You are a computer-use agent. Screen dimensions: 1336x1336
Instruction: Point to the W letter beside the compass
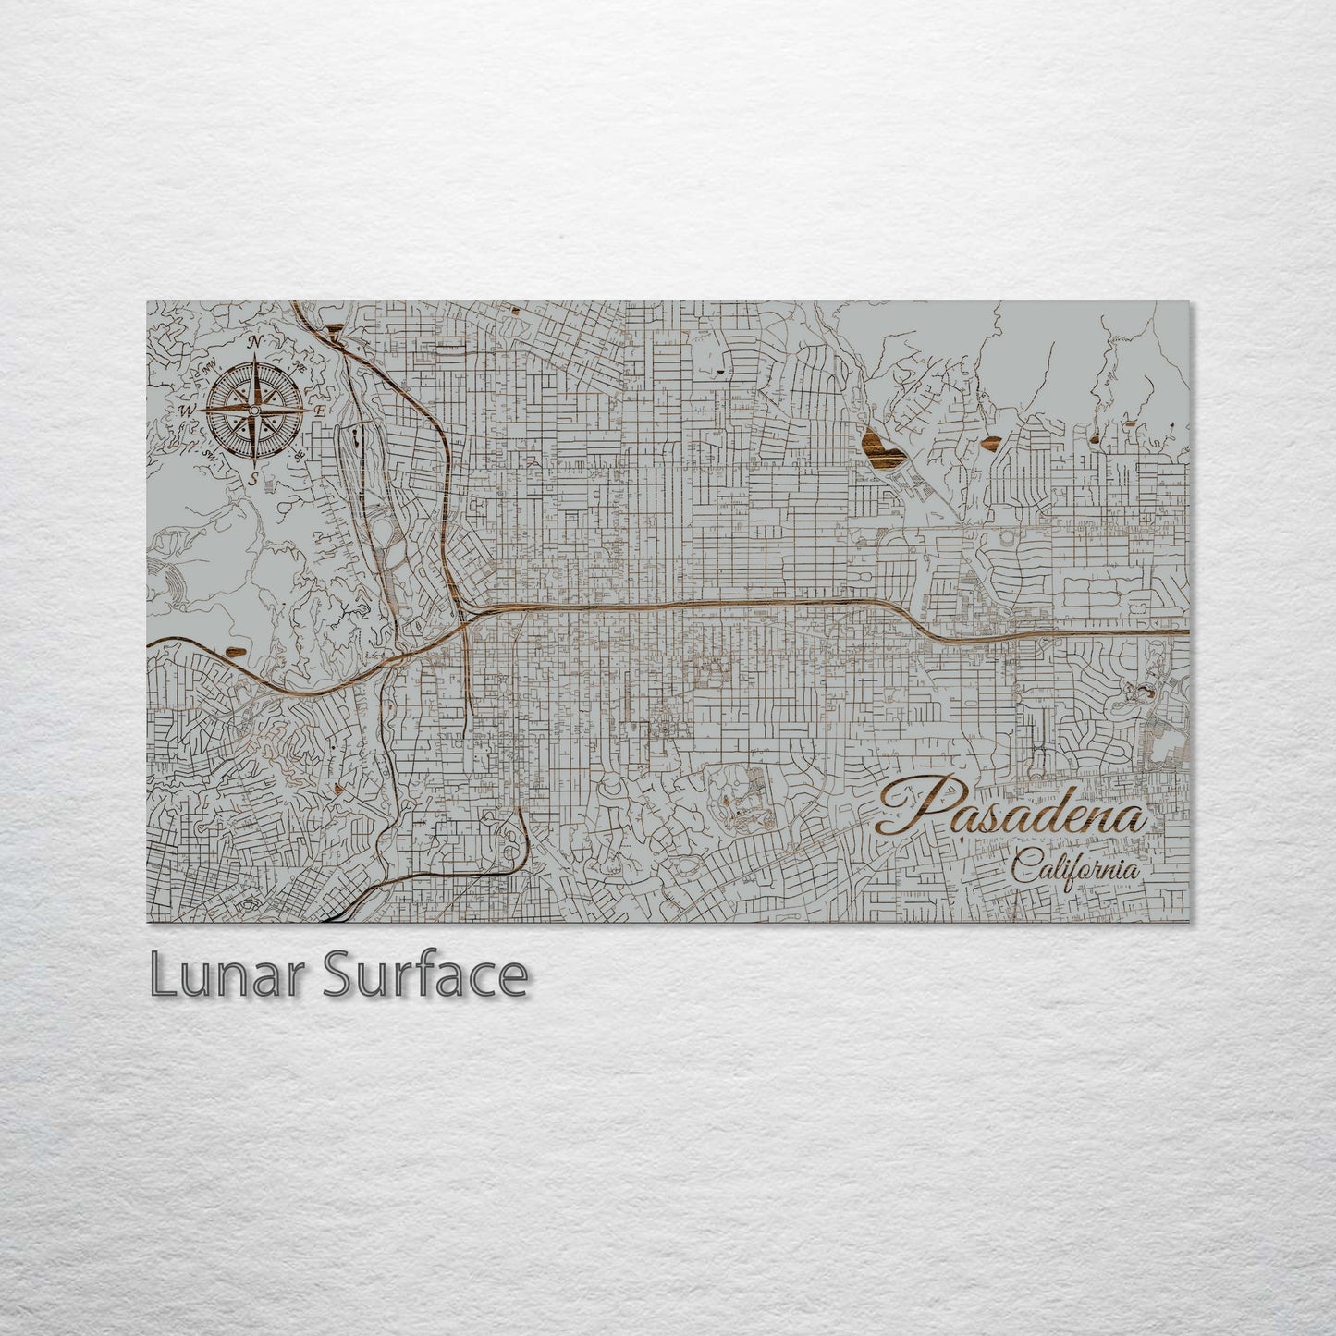pyautogui.click(x=187, y=411)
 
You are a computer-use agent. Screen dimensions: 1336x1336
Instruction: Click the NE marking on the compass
pyautogui.click(x=299, y=367)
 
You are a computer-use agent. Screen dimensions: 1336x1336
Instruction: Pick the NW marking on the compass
pyautogui.click(x=210, y=367)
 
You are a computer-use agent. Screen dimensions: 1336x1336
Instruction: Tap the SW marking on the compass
pyautogui.click(x=210, y=455)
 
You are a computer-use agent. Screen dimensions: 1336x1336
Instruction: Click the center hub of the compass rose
pyautogui.click(x=254, y=410)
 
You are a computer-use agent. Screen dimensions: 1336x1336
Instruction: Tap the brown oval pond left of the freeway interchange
pyautogui.click(x=237, y=651)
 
